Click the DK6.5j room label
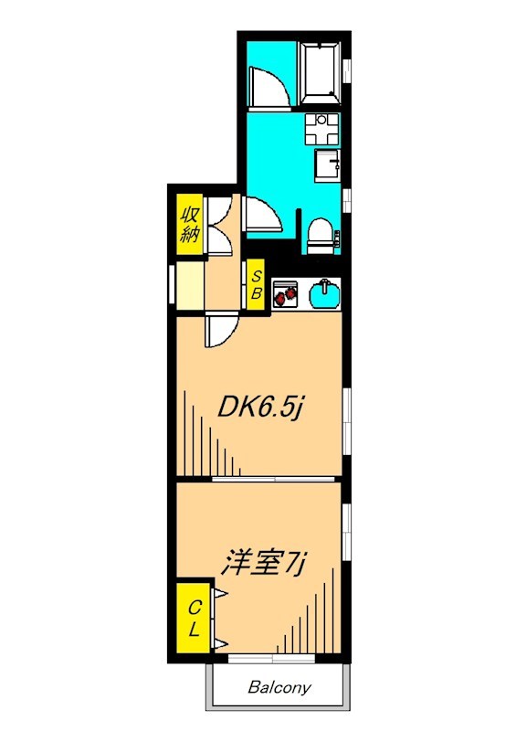click(259, 408)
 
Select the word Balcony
click(279, 688)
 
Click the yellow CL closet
click(194, 619)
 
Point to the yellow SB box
click(257, 286)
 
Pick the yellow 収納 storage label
click(190, 225)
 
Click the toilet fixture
click(321, 236)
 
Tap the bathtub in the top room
click(321, 74)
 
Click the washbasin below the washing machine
click(327, 164)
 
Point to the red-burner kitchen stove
click(286, 292)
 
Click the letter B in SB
click(257, 294)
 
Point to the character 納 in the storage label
click(190, 236)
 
